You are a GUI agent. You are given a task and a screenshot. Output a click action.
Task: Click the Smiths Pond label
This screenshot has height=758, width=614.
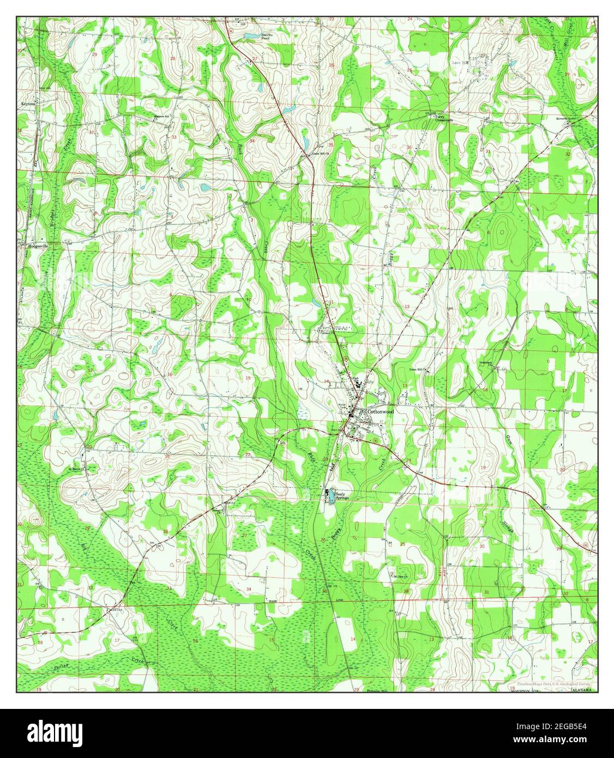tap(267, 37)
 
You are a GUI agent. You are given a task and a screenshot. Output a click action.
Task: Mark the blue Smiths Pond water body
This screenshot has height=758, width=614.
tap(252, 36)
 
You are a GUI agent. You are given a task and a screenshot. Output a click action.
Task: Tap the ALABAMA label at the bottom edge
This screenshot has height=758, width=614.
tap(581, 690)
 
